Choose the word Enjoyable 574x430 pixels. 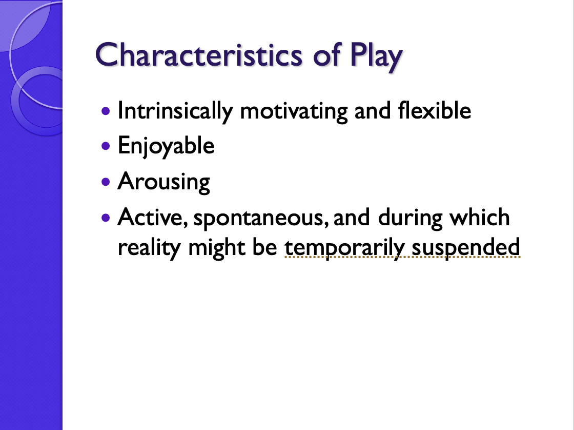166,146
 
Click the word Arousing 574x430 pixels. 163,182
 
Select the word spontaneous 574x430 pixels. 261,218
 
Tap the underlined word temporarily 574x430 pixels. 345,248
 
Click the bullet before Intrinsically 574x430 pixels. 106,110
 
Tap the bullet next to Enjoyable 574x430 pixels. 106,146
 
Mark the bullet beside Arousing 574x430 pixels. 106,181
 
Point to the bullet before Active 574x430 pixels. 106,217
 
